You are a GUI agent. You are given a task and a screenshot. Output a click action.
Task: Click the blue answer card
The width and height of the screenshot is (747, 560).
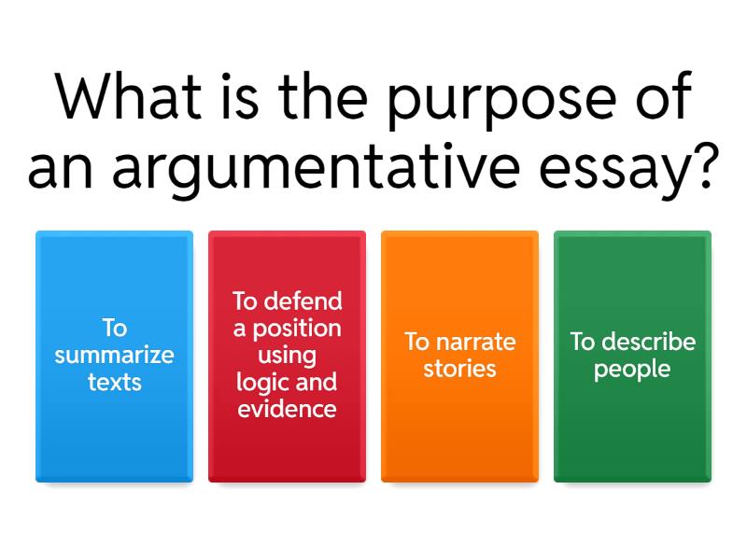pos(114,439)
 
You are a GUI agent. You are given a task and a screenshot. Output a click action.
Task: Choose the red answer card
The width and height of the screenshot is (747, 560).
pos(287,448)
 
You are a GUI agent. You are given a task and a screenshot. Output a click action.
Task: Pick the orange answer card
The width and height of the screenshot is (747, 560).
pos(459,439)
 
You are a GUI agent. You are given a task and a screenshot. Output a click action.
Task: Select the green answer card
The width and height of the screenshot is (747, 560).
pos(632,439)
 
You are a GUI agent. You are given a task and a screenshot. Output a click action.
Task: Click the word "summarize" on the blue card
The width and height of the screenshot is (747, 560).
pos(114,356)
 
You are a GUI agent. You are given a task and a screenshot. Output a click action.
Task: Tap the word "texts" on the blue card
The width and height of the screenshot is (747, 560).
pos(114,382)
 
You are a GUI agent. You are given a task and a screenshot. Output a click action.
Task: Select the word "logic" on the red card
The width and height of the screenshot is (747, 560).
pos(259,383)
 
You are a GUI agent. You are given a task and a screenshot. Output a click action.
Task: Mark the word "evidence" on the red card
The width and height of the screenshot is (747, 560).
pos(287,409)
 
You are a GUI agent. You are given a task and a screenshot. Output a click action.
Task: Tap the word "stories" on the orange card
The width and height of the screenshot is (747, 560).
pos(459,369)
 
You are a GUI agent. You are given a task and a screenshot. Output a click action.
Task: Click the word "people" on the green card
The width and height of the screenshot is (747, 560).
pos(632,370)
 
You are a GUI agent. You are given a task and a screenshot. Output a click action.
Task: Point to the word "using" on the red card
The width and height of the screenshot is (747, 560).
pos(287,356)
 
